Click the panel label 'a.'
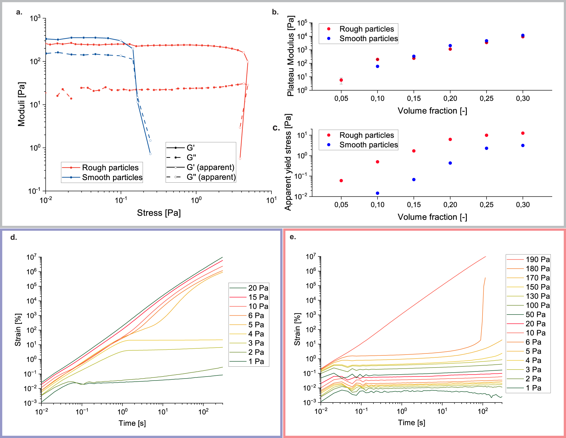click(19, 12)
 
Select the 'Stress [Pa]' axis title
click(159, 213)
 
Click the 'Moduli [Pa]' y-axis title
click(22, 104)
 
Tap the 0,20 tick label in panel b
click(450, 98)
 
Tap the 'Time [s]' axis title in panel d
click(132, 423)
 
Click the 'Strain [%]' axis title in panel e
click(297, 329)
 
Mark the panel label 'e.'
click(293, 237)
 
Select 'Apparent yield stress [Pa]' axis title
click(288, 162)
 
